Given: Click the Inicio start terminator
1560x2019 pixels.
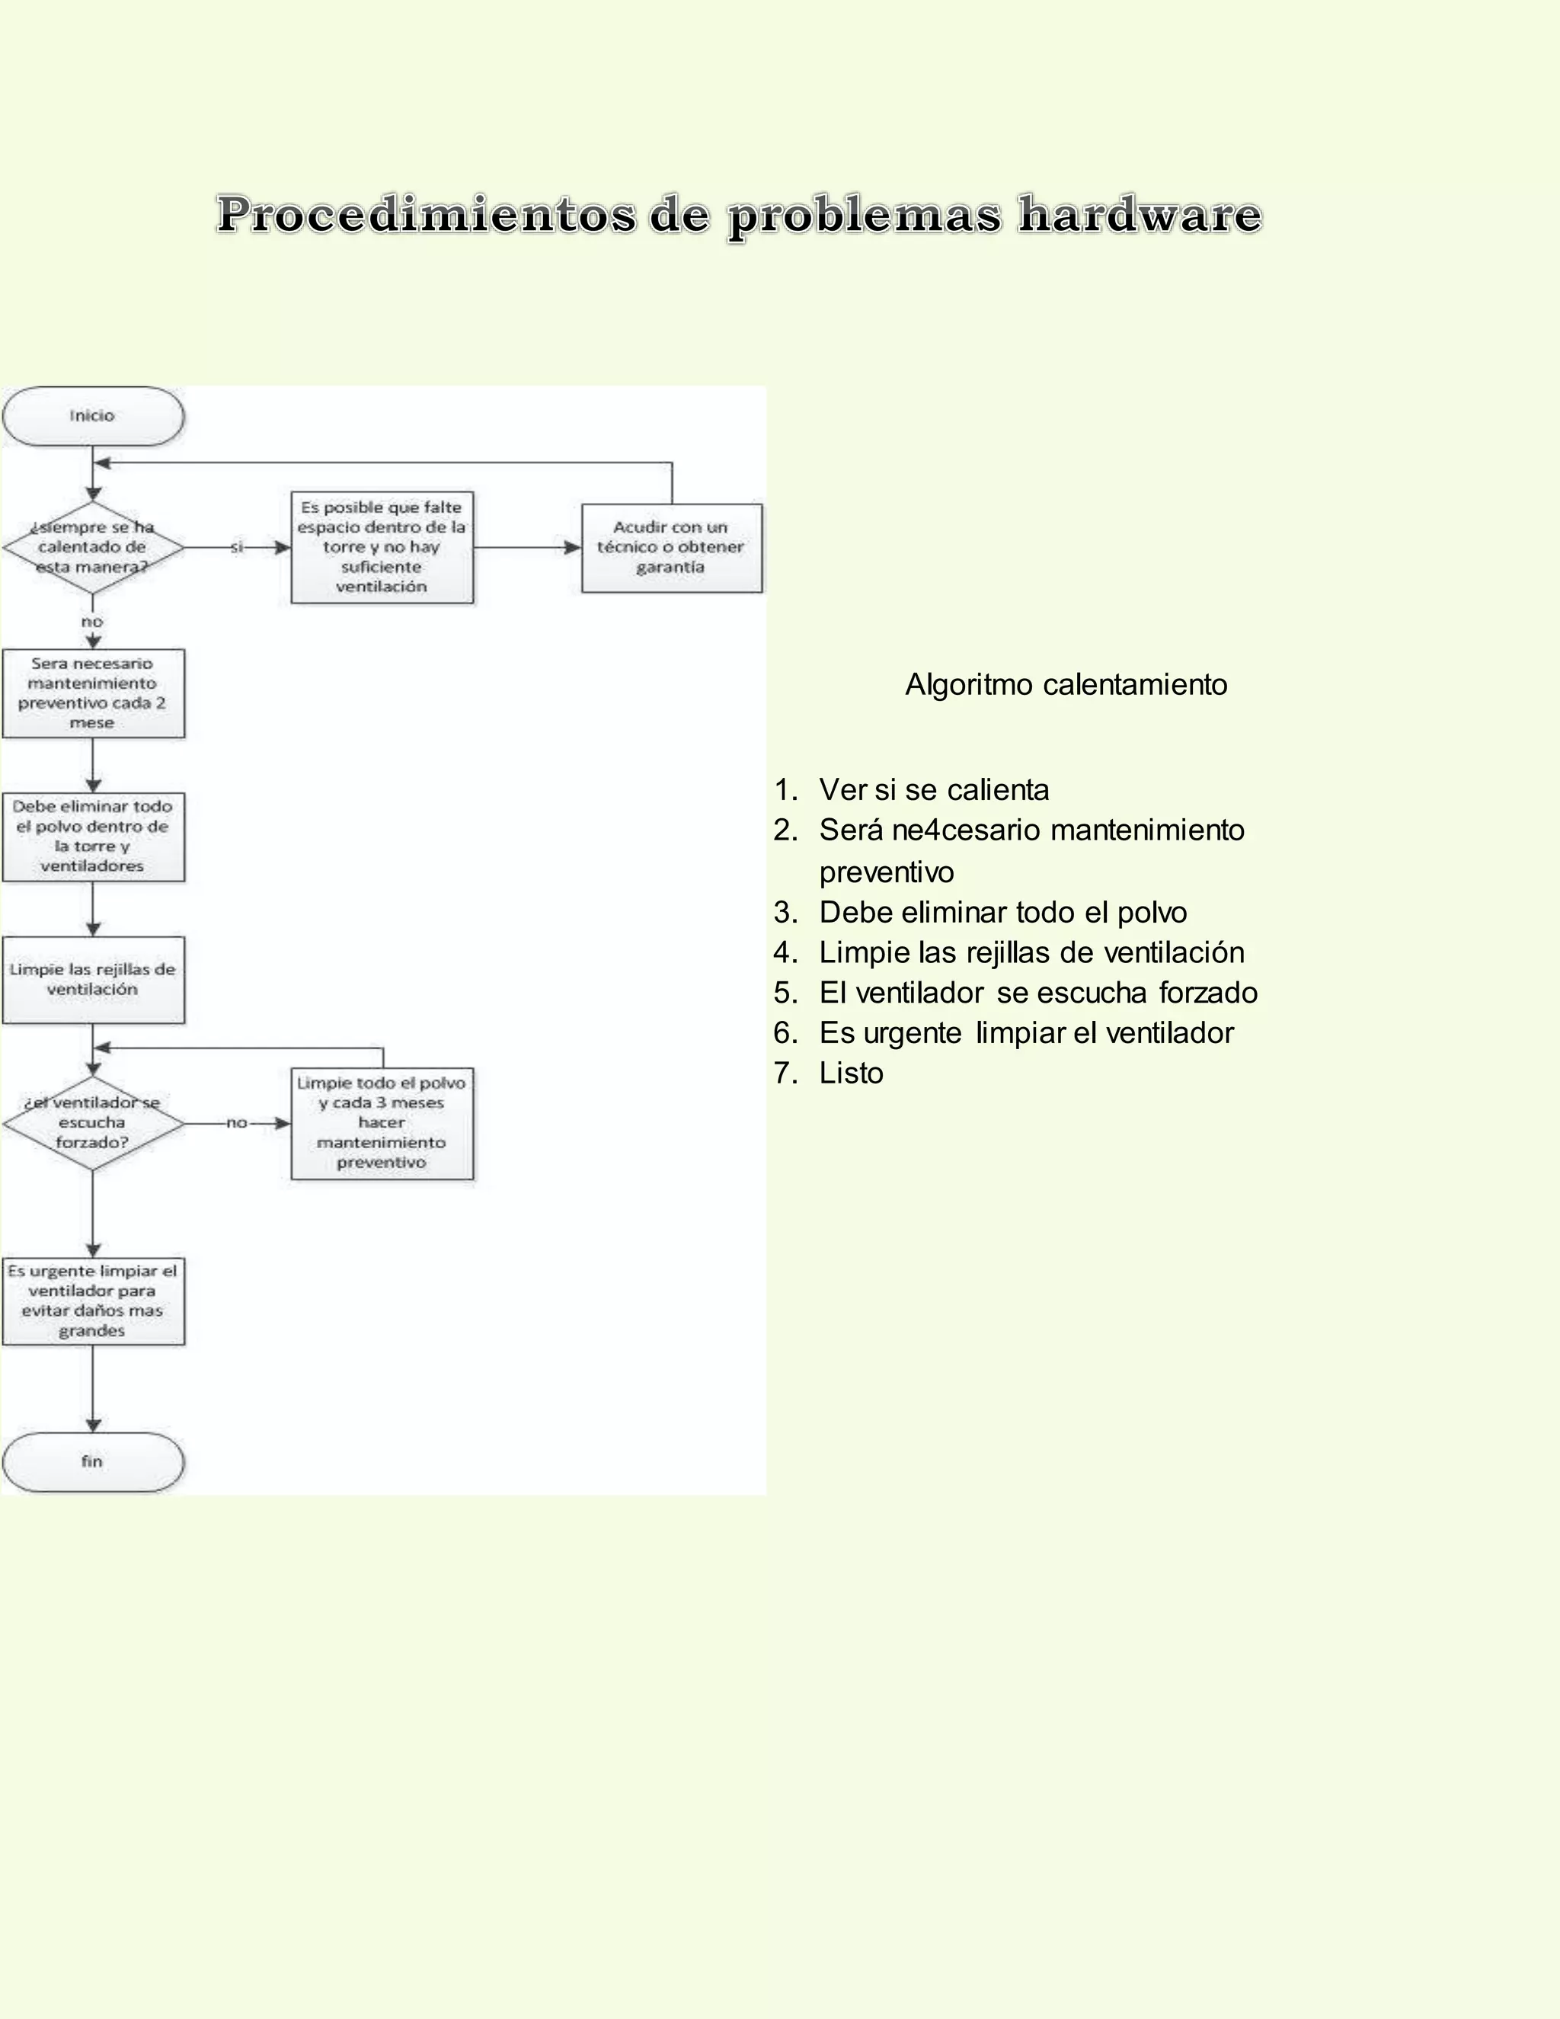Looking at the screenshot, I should pos(92,416).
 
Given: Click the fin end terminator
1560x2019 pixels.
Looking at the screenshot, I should pos(92,1461).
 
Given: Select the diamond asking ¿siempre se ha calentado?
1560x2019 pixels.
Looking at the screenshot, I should pos(92,547).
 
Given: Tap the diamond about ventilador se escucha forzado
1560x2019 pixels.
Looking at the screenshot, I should pos(92,1122).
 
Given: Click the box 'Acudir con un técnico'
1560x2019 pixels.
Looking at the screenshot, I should pos(672,547).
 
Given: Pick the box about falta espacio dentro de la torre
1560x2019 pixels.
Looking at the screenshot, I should pos(382,547).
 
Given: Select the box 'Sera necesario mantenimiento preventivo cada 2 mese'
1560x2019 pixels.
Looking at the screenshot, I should pos(92,693).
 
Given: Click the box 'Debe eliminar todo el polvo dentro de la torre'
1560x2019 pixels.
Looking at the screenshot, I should pos(92,837).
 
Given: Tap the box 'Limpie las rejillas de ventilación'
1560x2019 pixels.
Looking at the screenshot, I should pos(92,980).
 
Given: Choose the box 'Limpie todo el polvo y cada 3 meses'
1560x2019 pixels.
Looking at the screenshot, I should pos(382,1123).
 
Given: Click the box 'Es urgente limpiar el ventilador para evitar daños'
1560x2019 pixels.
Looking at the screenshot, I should pos(92,1301).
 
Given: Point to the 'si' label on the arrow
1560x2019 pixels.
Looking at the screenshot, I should pos(238,547).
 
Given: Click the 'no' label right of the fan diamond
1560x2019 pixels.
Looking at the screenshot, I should pos(238,1123).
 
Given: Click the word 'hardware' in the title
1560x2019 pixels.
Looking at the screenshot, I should pos(1140,215).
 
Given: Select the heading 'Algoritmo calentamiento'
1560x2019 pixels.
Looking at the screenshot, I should pos(1066,685).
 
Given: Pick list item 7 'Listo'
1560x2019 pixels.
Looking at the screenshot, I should pos(850,1073).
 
